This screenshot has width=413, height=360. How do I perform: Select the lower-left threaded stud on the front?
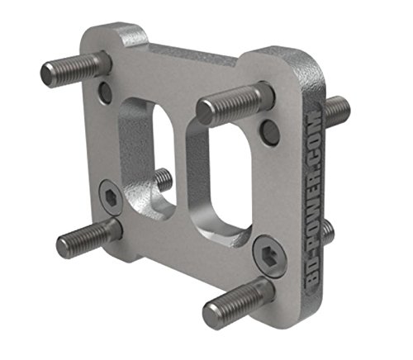tap(89, 234)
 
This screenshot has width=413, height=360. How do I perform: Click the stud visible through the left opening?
tap(163, 180)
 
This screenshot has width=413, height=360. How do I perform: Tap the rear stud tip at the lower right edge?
tap(329, 232)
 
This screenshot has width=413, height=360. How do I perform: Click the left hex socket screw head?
tap(112, 197)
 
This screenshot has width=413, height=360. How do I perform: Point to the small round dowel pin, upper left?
tap(105, 92)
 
